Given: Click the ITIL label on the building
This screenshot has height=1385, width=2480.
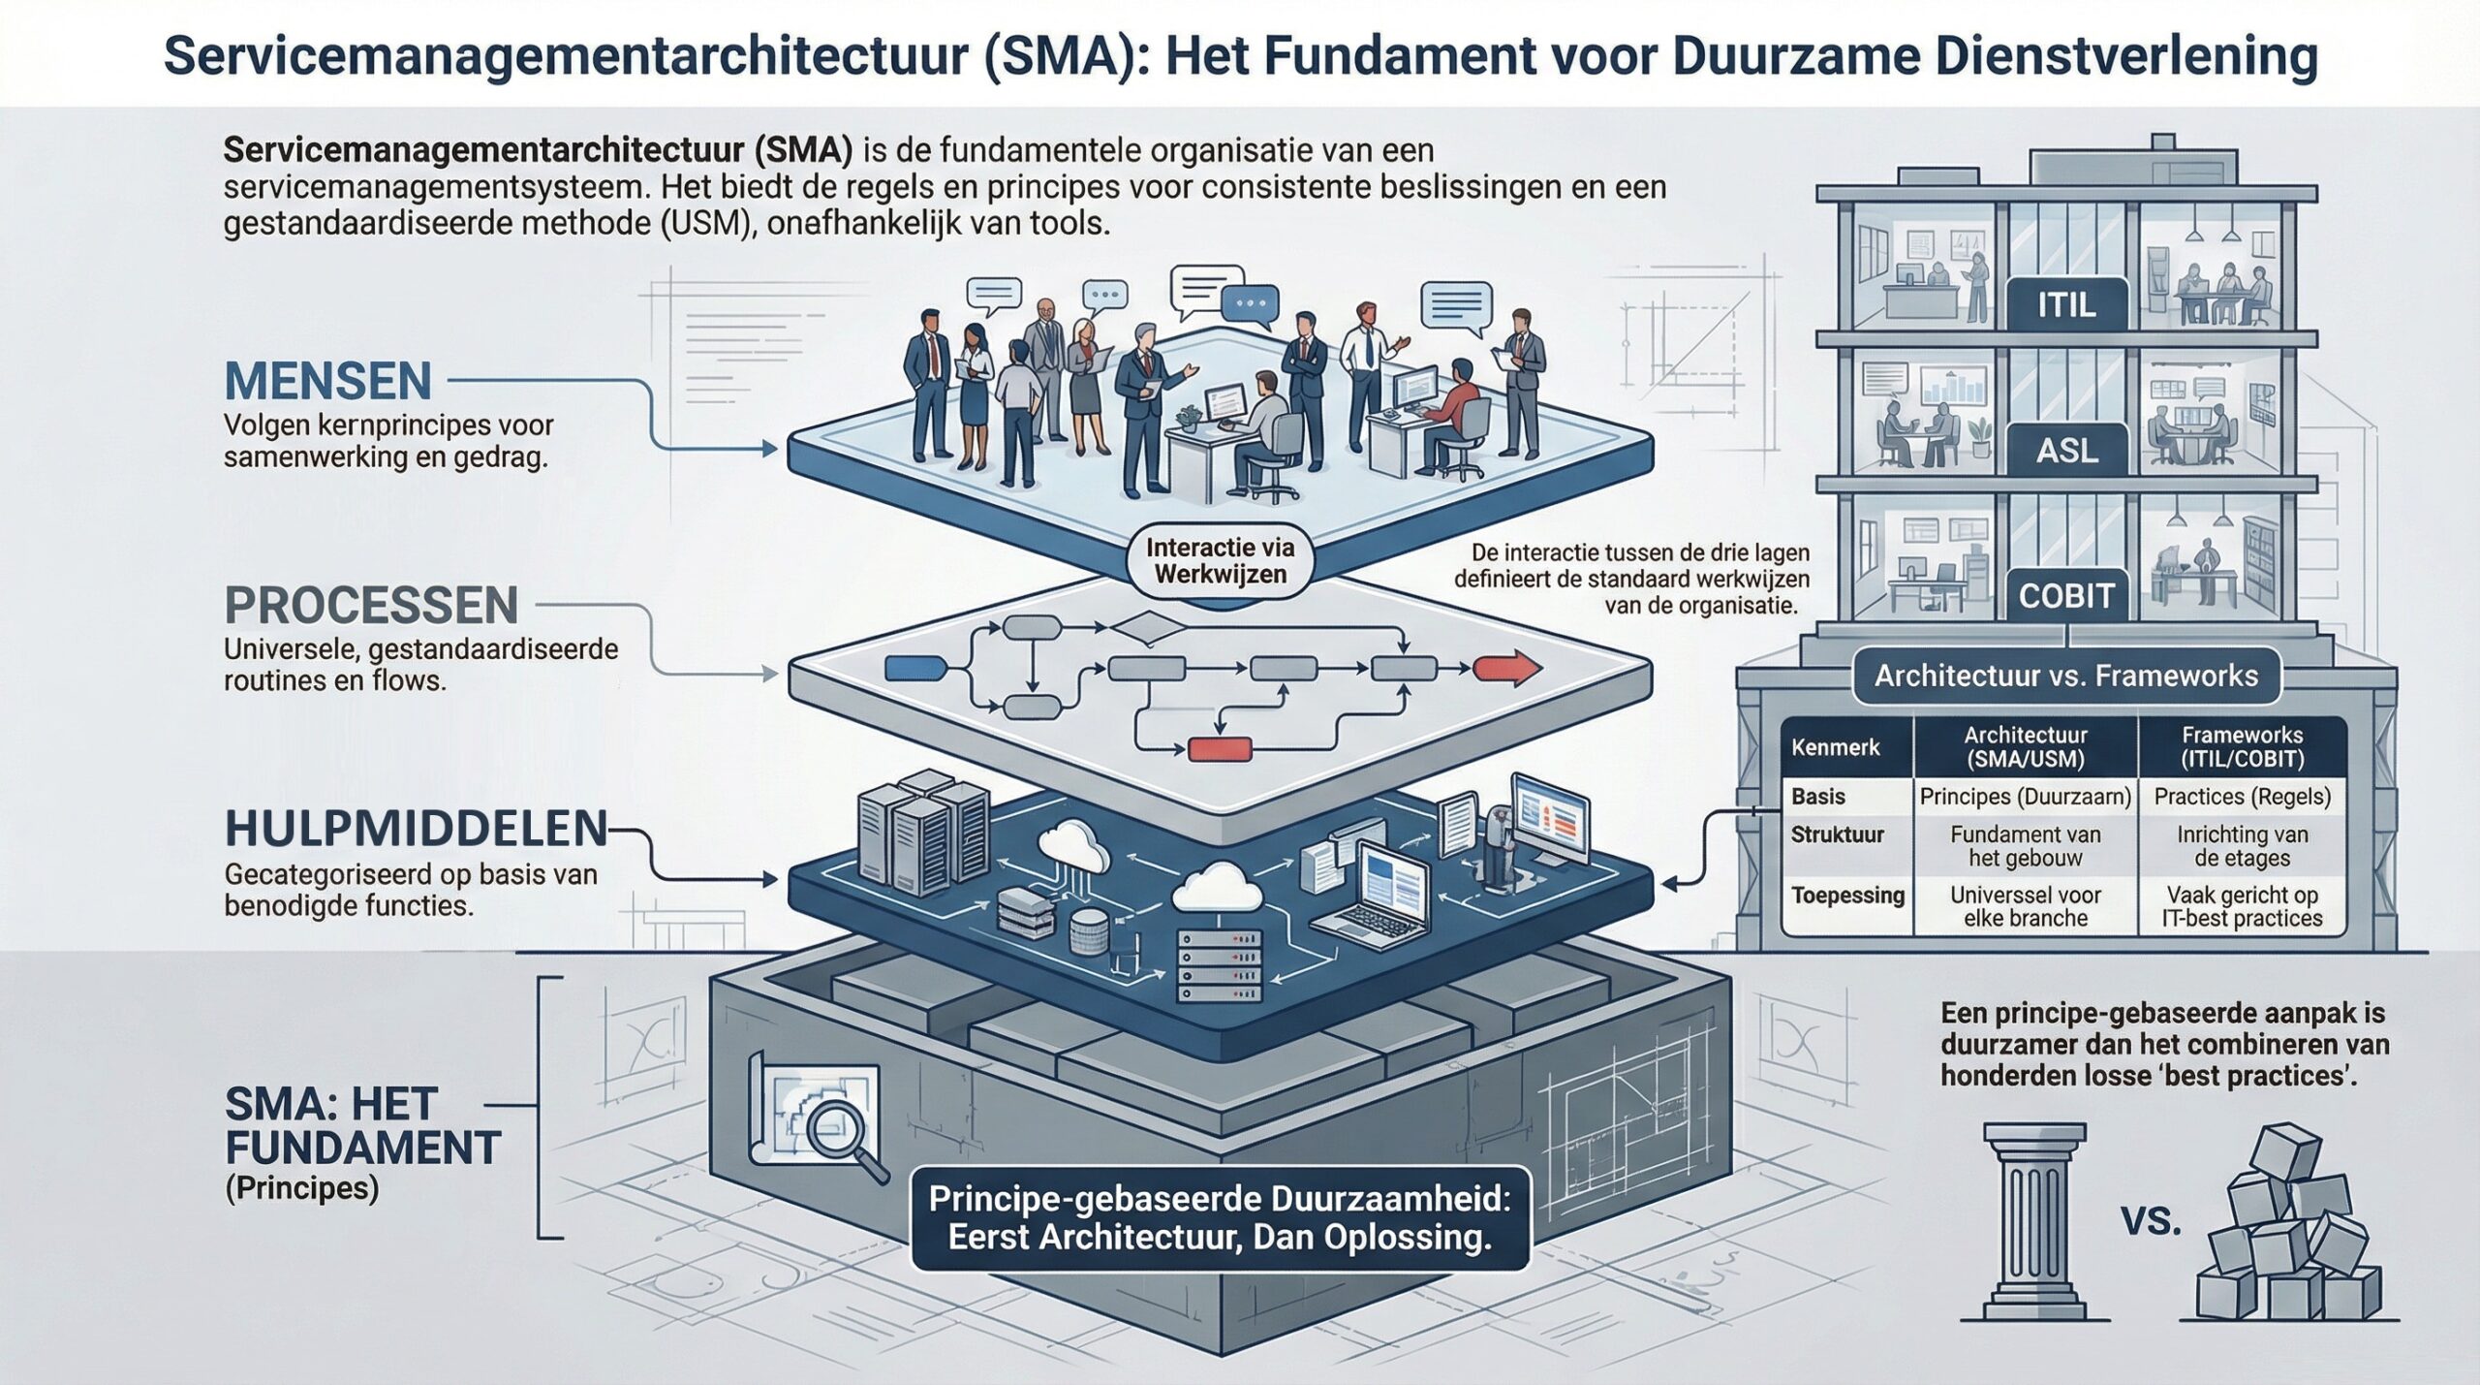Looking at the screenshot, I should pos(2066,306).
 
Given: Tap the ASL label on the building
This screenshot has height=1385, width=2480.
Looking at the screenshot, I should pos(2066,451).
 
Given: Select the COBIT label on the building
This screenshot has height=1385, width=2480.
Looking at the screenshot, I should pos(2066,595).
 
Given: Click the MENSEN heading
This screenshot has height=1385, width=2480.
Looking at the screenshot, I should pos(328,381).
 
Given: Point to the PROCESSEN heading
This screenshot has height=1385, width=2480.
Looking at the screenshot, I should pos(371,606).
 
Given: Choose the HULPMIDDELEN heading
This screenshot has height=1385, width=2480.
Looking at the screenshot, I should pos(416,830).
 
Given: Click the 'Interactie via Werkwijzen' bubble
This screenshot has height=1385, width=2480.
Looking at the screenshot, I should pos(1220,561).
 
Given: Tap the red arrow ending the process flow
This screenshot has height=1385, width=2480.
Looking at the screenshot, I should pos(1505,669).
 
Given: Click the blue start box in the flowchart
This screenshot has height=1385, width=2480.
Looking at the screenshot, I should pos(915,667).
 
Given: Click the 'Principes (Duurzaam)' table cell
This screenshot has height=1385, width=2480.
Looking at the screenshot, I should pos(2026,797).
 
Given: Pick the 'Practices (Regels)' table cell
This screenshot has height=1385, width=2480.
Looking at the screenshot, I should pos(2242,797).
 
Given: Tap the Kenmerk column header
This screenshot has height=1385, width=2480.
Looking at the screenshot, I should pos(1835,747).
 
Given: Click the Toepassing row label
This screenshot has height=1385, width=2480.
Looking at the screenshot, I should pos(1847,896).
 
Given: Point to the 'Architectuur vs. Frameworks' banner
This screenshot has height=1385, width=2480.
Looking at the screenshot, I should pos(2066,676).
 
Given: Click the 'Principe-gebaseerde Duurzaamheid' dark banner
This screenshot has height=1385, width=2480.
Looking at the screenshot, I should pos(1220,1217).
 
